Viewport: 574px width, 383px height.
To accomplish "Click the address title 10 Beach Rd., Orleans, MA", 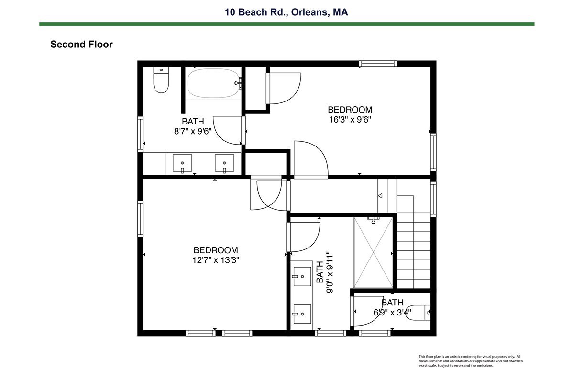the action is click(x=286, y=12).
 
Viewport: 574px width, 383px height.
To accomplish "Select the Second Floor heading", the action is click(x=81, y=45).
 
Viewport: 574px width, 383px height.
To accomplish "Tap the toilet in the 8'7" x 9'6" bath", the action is click(x=161, y=79).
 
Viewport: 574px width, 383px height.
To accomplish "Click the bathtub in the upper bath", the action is click(x=213, y=83).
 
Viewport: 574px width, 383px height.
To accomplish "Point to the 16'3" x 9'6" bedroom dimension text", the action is click(x=350, y=120).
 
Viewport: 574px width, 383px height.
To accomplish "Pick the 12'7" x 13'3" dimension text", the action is click(x=216, y=260).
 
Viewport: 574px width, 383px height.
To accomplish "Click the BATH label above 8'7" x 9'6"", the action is click(x=193, y=121).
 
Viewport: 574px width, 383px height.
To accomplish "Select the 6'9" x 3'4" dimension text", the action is click(x=392, y=313).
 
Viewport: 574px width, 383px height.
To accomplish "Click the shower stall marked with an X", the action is click(x=373, y=253).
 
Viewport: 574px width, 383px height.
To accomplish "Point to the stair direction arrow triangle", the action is click(x=380, y=196).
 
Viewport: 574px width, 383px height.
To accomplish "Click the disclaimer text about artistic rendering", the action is click(x=471, y=361).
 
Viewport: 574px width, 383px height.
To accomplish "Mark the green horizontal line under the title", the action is click(x=287, y=24).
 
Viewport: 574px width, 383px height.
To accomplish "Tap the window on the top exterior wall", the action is click(x=378, y=63).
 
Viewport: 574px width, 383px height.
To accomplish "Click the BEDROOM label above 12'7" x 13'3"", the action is click(x=216, y=250).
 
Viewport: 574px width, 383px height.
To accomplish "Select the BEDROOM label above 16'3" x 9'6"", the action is click(x=350, y=110).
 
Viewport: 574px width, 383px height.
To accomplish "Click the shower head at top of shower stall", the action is click(x=374, y=220).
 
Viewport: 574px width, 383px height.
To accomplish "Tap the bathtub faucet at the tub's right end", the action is click(x=238, y=83).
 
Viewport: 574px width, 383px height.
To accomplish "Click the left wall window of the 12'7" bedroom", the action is click(x=140, y=219).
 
